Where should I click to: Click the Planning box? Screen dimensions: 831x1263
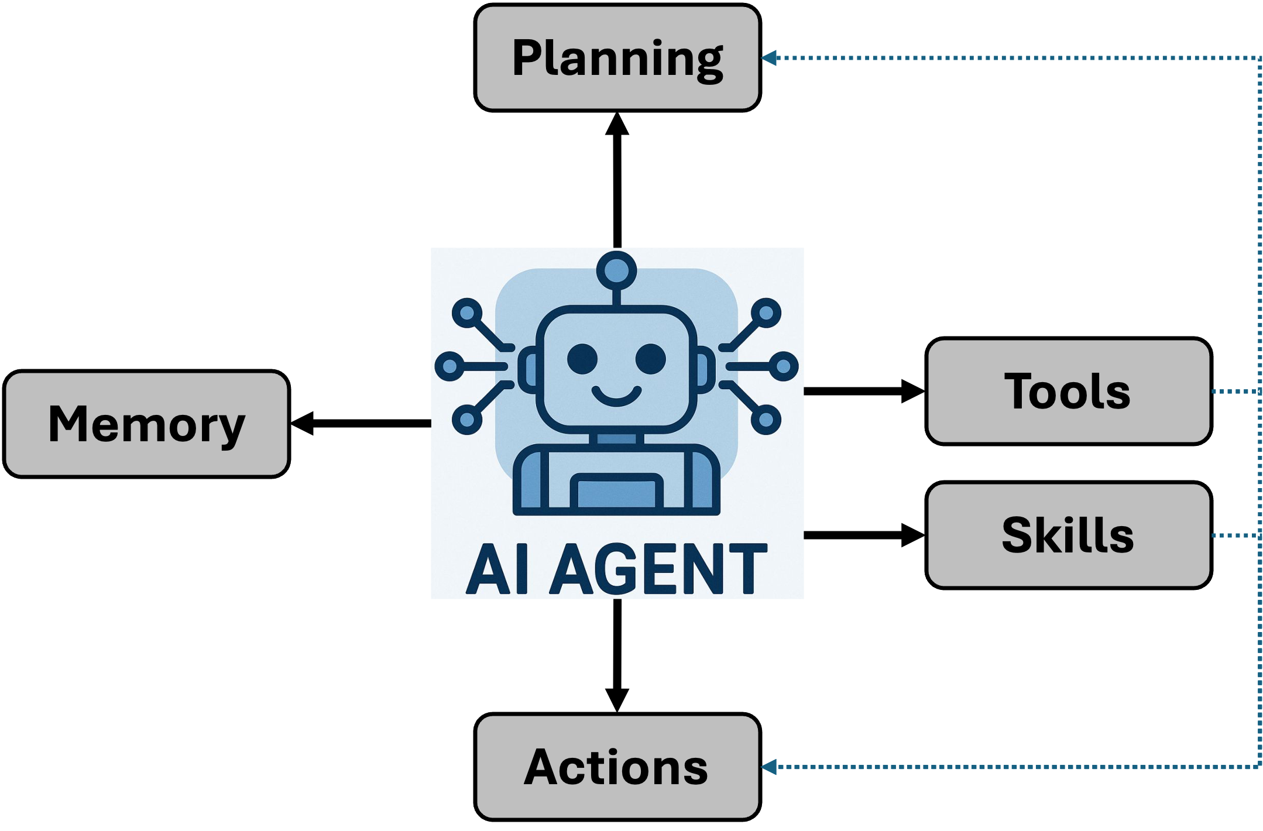point(617,57)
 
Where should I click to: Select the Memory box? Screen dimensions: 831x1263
point(146,424)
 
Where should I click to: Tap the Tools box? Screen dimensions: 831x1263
point(1068,391)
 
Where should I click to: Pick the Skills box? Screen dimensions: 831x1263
point(1068,535)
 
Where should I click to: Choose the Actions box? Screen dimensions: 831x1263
point(617,767)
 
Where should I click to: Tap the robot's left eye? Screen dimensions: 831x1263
point(582,358)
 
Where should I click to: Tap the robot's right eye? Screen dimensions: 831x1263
point(651,358)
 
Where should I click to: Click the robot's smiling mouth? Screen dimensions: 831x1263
point(616,396)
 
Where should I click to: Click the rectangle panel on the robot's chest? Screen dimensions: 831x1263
point(616,492)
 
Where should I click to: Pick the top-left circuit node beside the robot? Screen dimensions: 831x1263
point(467,314)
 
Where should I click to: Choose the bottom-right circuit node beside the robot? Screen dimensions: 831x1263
point(766,420)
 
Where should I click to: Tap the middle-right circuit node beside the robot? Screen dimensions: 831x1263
point(783,366)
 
